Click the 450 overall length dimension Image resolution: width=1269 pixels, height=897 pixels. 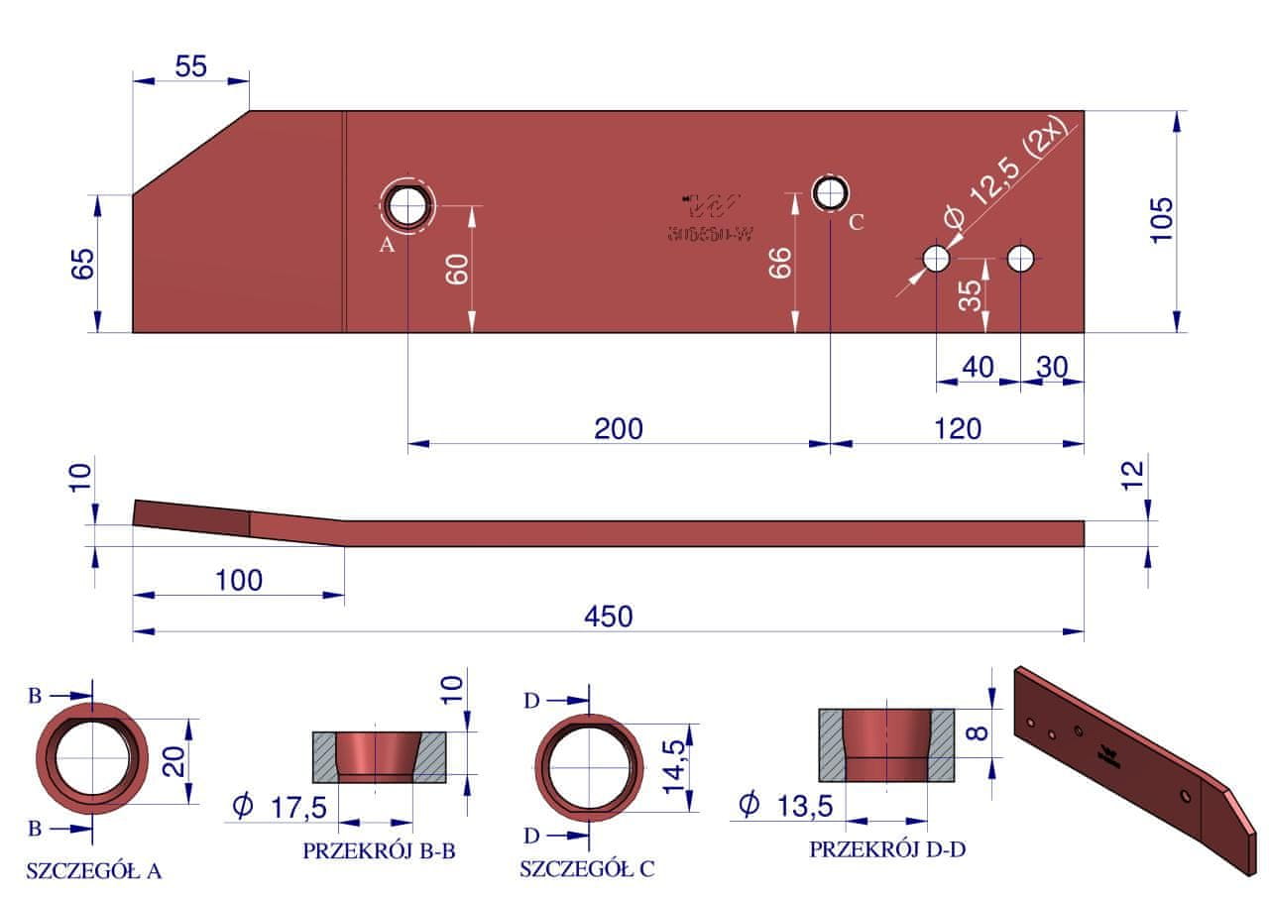(x=608, y=617)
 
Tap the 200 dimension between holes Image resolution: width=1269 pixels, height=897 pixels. (x=619, y=428)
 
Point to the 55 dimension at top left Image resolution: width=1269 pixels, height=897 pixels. (x=190, y=66)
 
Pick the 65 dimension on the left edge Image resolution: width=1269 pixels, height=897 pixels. (x=83, y=265)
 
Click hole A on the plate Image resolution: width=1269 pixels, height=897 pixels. (x=406, y=206)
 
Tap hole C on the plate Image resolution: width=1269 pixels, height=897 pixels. (x=831, y=192)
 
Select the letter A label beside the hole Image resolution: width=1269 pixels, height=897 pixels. (x=387, y=244)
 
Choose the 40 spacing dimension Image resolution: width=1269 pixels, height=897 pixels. (x=978, y=367)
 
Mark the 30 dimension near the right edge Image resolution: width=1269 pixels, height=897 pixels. (x=1052, y=367)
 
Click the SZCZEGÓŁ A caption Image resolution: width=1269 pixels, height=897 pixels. (x=94, y=872)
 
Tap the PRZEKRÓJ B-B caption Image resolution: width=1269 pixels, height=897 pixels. (x=379, y=850)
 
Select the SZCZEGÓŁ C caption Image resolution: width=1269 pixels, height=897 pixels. (x=587, y=870)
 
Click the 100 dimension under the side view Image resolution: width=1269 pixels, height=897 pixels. (x=239, y=580)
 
